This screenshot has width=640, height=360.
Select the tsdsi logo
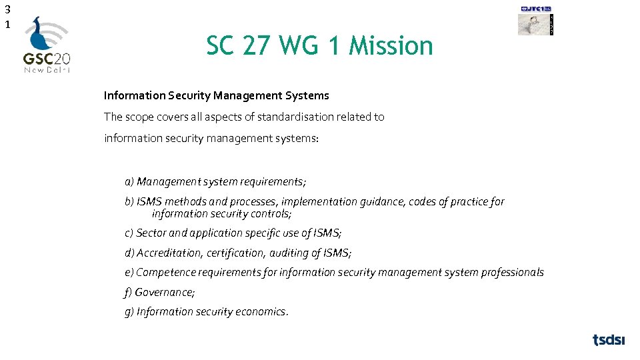pos(609,340)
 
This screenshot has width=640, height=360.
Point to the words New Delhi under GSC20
pos(47,69)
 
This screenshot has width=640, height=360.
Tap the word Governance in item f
pos(164,292)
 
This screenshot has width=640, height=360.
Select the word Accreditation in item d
pos(169,253)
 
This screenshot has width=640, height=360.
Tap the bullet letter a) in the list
pos(129,181)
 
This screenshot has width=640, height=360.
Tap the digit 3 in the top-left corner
pos(7,10)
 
